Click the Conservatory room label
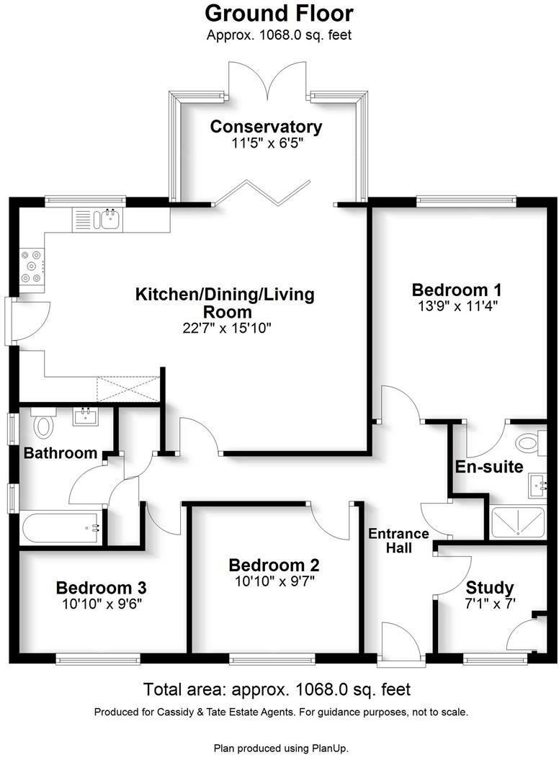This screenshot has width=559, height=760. coord(266,127)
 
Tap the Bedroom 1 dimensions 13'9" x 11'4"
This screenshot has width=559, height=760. coord(455,305)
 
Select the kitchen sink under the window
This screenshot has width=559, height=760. coord(109,219)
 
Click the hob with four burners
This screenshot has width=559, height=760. coord(31,266)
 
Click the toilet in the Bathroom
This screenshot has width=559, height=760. coord(44,425)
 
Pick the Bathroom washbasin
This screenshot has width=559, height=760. coord(86,416)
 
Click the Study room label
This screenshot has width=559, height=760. coord(489,586)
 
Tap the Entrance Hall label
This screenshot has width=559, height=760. coord(398,540)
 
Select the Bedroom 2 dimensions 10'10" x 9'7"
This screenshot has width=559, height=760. coord(274,581)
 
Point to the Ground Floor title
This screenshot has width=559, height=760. coord(279,13)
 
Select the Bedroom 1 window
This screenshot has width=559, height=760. coord(466,201)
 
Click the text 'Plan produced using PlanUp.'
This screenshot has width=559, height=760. coord(281,748)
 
